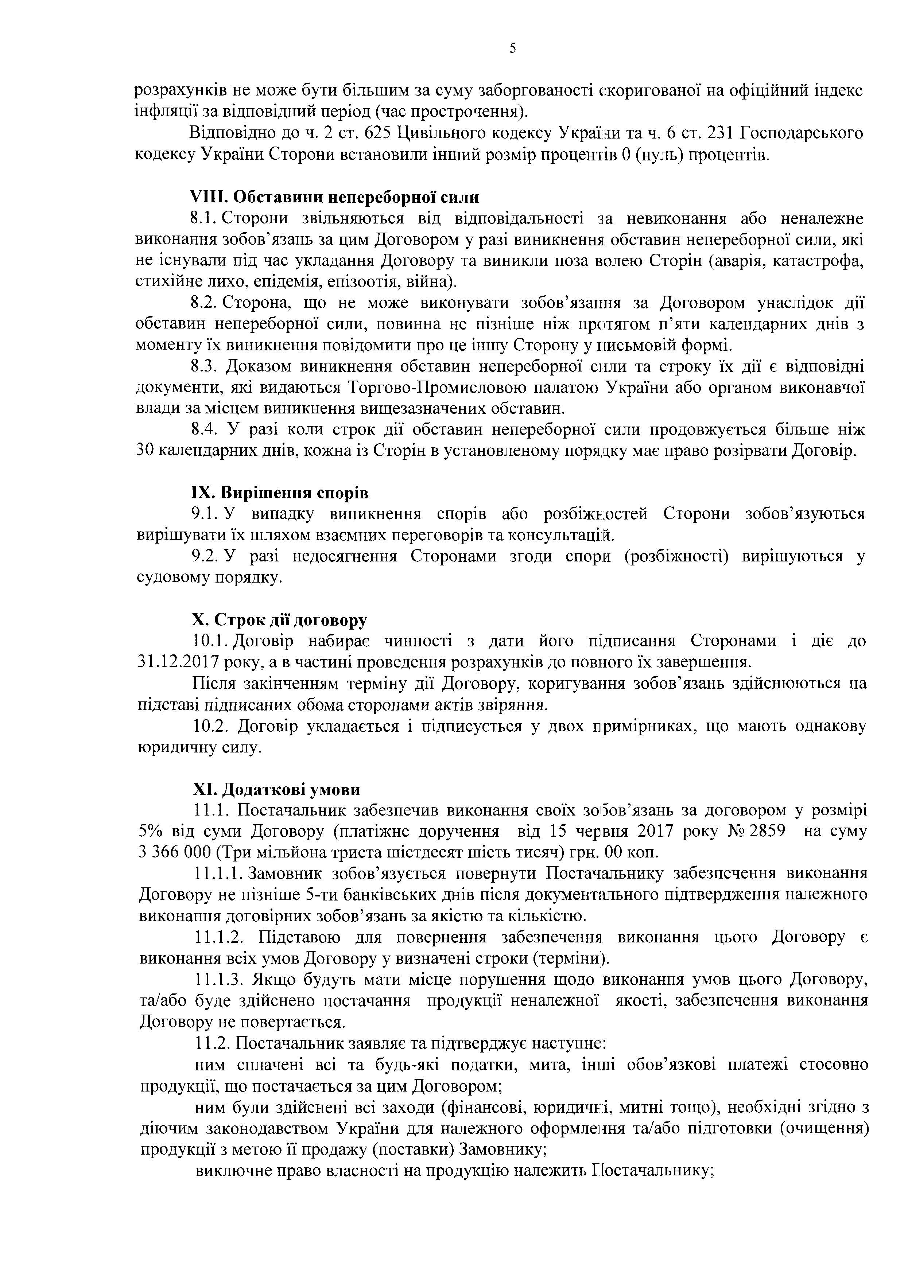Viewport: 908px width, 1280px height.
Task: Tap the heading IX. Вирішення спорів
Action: [x=280, y=493]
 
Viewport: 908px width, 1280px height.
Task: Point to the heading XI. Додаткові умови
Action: [x=276, y=789]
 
